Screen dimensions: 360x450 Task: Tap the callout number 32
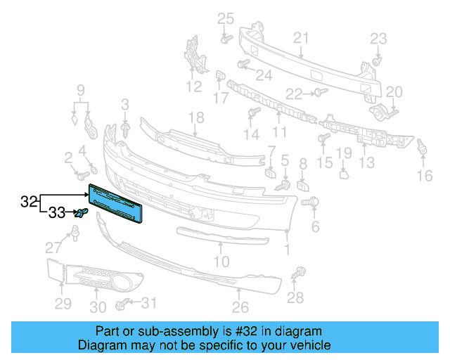coord(29,202)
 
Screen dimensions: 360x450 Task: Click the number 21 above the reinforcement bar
coord(301,37)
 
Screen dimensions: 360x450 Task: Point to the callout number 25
coord(224,18)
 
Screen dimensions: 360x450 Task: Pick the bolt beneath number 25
coord(225,39)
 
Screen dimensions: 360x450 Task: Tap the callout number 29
coord(63,303)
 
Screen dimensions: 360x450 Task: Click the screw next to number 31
coord(122,304)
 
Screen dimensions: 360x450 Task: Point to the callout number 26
coord(240,307)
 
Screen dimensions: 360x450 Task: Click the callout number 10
coord(221,262)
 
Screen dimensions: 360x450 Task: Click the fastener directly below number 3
coord(126,129)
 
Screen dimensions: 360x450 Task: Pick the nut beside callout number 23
coord(375,62)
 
